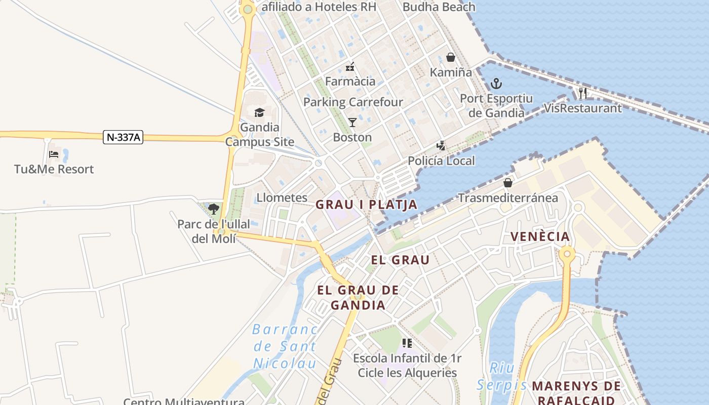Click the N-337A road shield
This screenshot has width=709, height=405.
pos(123,137)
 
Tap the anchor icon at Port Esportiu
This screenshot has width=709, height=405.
pos(496,84)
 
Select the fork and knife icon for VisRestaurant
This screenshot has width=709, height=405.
pos(582,93)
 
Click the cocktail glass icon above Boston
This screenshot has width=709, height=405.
pos(352,122)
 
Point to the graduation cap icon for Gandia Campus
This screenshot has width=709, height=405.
pos(259,112)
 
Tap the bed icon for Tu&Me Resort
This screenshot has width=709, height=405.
pos(54,154)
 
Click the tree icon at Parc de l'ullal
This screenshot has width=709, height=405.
pos(214,209)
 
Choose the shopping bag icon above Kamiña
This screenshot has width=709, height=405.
pos(451,58)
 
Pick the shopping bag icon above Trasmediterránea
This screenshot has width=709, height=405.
pos(508,183)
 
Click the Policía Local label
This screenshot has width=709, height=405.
pos(442,161)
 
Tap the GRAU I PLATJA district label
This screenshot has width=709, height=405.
pos(367,205)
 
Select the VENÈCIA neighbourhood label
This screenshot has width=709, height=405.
pos(540,236)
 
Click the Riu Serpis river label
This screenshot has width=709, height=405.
pos(501,377)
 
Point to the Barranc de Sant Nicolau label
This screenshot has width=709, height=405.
pos(285,346)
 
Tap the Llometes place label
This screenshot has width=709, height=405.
pos(282,197)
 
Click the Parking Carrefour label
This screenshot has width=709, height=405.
pos(353,102)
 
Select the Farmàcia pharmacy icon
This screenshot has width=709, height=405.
pos(350,66)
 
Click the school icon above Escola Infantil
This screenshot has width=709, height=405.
pos(407,343)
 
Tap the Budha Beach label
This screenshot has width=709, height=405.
pos(439,7)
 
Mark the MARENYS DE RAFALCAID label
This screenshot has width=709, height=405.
pos(576,393)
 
